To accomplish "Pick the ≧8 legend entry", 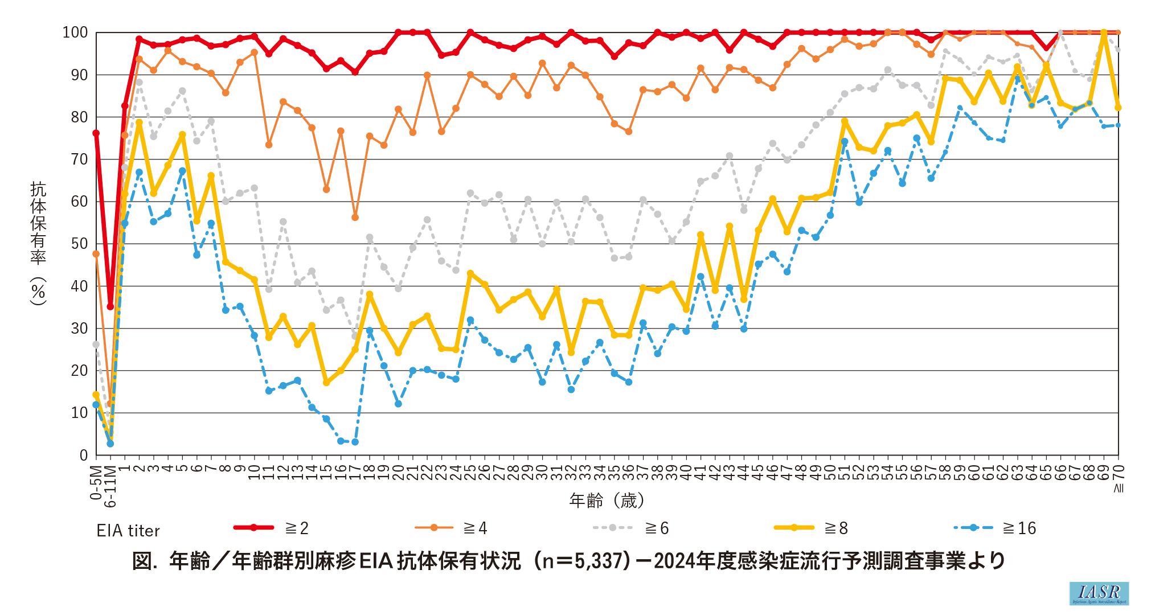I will pyautogui.click(x=811, y=528).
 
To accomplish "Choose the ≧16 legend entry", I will pyautogui.click(x=994, y=528).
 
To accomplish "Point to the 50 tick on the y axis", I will pyautogui.click(x=79, y=244).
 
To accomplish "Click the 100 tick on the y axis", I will pyautogui.click(x=75, y=32).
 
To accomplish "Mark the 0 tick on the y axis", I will pyautogui.click(x=84, y=455).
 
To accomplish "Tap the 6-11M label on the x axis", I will pyautogui.click(x=110, y=486).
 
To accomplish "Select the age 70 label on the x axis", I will pyautogui.click(x=1119, y=472).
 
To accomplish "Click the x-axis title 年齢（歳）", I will pyautogui.click(x=607, y=501).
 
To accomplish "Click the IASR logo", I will pyautogui.click(x=1099, y=593).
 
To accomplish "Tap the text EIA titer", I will pyautogui.click(x=128, y=531).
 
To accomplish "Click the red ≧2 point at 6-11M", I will pyautogui.click(x=110, y=306).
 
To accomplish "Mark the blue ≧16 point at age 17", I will pyautogui.click(x=355, y=442).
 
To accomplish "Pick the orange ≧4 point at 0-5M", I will pyautogui.click(x=96, y=254).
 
